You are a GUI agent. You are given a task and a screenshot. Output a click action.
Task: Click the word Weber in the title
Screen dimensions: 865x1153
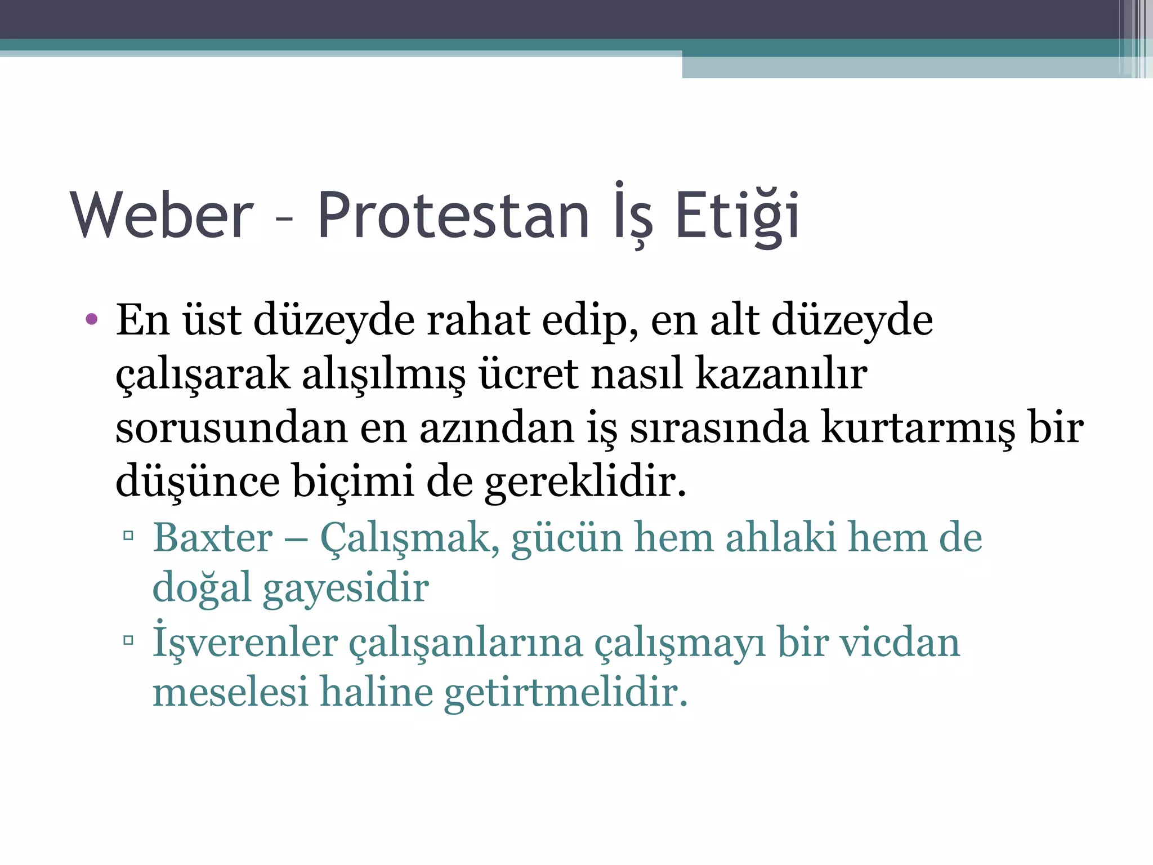(162, 216)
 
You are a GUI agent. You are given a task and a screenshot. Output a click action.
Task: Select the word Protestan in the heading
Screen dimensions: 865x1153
(453, 216)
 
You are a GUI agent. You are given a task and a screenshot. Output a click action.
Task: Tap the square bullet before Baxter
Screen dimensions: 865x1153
(128, 534)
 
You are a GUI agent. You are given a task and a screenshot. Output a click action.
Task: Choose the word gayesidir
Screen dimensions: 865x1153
(346, 588)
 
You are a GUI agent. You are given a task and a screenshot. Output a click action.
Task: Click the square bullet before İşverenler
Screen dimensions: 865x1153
(128, 640)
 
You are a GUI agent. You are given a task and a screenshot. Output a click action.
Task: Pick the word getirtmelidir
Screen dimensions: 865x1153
(566, 692)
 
